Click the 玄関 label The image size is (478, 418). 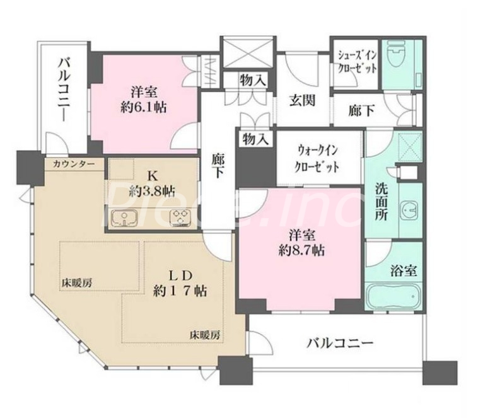[302, 101]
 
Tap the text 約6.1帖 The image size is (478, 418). [144, 107]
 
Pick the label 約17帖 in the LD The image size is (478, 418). [180, 291]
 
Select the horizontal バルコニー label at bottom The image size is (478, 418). [341, 344]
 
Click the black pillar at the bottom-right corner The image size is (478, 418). [440, 373]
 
